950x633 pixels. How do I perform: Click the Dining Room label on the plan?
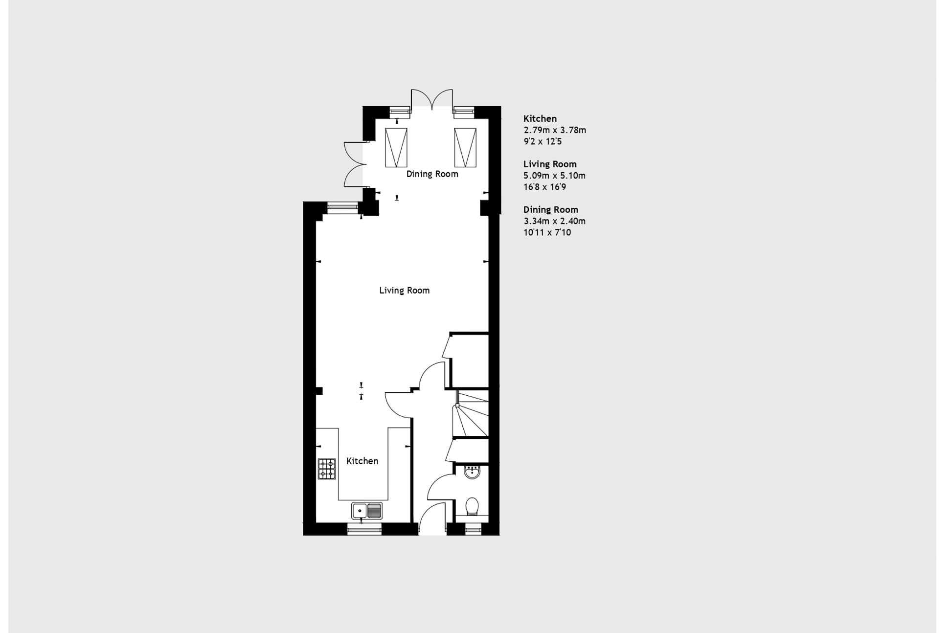pos(432,174)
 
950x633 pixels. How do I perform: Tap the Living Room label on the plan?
pos(405,291)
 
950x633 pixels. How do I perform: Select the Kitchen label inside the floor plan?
pos(362,461)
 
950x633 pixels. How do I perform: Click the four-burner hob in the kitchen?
pos(327,469)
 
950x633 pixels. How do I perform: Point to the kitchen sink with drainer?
pos(367,511)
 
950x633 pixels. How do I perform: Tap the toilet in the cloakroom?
pos(472,506)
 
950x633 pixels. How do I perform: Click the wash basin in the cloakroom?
pos(472,472)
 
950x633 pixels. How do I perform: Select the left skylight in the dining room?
pos(396,147)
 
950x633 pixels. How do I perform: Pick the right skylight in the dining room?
pos(465,147)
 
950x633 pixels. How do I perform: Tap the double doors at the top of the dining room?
pos(431,99)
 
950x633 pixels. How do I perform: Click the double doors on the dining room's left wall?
pos(355,164)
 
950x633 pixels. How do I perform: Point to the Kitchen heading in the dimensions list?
pos(540,118)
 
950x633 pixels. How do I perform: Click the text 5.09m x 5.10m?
pos(555,175)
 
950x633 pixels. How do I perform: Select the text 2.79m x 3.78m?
pos(555,130)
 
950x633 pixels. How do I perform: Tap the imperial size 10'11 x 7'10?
pos(547,232)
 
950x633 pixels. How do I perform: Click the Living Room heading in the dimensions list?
pos(550,164)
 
